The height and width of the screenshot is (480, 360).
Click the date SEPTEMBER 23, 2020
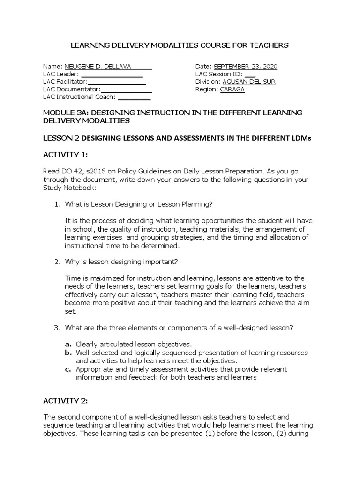pos(246,67)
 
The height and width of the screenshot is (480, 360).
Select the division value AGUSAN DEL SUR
pos(249,82)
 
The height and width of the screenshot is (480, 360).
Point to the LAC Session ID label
pos(218,74)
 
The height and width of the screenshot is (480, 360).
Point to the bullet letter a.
pos(68,344)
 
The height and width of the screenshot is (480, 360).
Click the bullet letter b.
pos(68,352)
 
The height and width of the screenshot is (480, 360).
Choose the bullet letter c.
pos(68,369)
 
